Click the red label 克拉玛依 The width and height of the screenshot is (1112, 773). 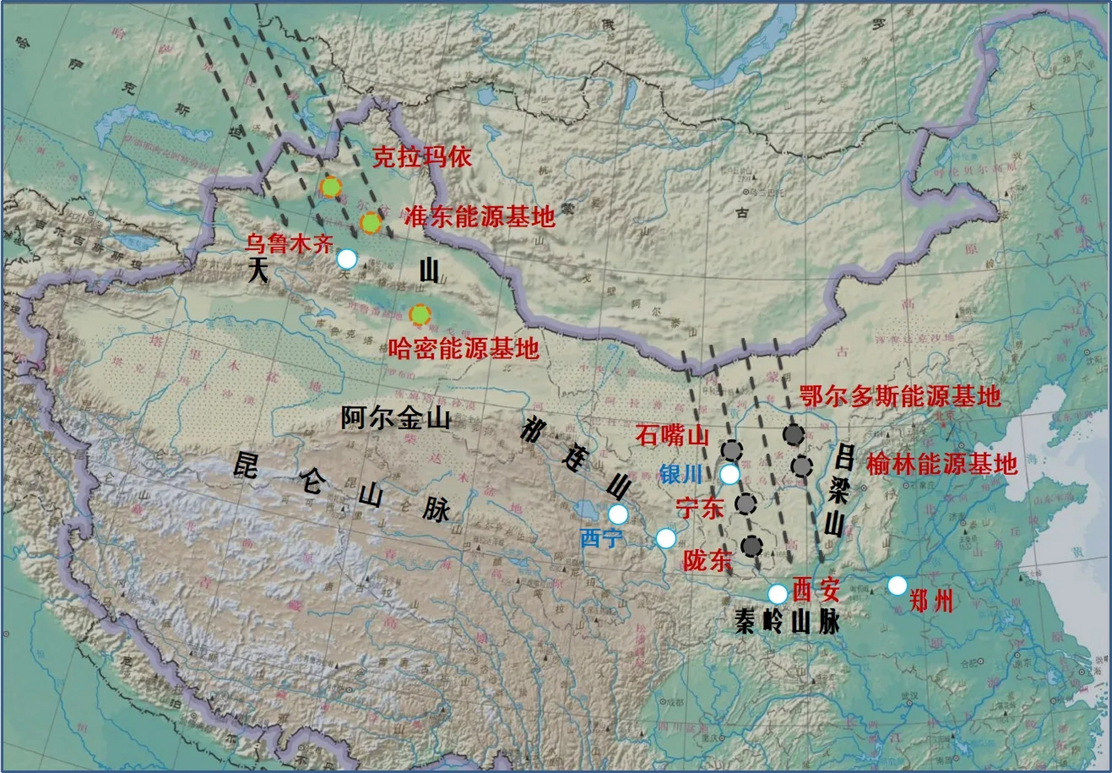tap(421, 157)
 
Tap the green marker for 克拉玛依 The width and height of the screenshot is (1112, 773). tap(330, 187)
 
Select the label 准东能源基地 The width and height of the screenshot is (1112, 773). tap(479, 216)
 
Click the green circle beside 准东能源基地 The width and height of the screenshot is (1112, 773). tap(371, 223)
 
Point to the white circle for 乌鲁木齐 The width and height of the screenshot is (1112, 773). tap(347, 259)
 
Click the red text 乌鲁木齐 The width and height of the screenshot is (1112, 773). tap(289, 244)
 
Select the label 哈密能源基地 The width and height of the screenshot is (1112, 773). tap(464, 348)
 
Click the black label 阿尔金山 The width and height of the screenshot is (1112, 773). tap(395, 418)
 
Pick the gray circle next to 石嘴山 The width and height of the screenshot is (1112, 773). tap(732, 450)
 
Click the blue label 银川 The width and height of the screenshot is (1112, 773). tap(681, 475)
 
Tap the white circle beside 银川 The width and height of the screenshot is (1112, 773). tap(730, 475)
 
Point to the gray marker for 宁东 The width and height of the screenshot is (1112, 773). tap(746, 503)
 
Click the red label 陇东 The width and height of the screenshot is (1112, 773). tap(707, 560)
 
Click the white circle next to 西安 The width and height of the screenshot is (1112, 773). tap(778, 594)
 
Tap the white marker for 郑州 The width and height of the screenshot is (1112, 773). tap(897, 585)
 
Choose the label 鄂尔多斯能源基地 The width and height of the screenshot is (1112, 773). tap(900, 397)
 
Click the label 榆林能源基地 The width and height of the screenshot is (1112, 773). tap(942, 464)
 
